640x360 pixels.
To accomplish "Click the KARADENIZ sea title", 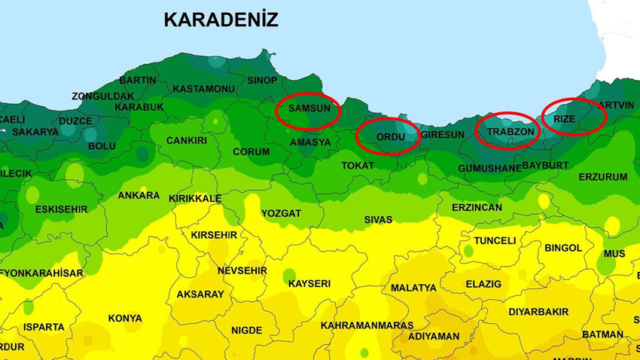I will (221, 20).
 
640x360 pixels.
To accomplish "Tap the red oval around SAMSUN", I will (309, 110).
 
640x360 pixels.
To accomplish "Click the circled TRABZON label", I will (510, 132).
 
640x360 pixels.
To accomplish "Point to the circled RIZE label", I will (565, 119).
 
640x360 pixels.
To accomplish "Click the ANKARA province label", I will (139, 196).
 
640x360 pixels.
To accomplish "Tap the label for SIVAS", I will (378, 220).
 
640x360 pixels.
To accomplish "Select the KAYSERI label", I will (309, 284).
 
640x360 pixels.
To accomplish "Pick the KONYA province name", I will (125, 319).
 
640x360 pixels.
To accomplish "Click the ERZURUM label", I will (602, 178).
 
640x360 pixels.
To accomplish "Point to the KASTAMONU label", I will (203, 89).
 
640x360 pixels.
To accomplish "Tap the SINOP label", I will (262, 81).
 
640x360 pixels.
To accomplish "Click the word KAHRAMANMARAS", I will (367, 325).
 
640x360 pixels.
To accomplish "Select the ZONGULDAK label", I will (103, 96).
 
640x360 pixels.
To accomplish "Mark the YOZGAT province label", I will (281, 214).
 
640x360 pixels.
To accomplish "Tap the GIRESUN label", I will (443, 135).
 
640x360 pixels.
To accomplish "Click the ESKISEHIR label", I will (62, 209).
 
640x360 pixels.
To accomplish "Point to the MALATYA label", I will (413, 288).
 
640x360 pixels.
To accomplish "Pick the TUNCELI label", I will (495, 241).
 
